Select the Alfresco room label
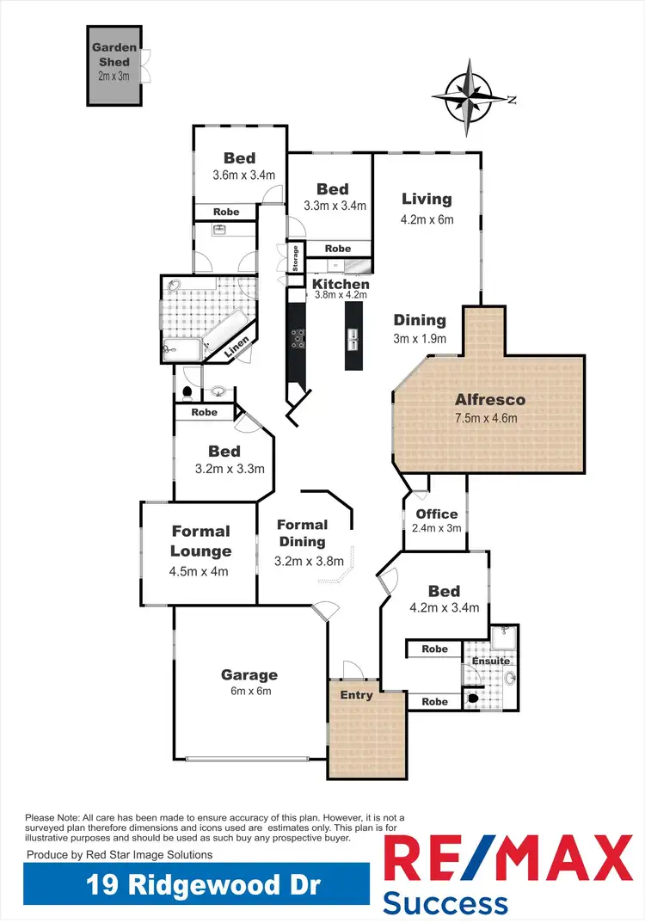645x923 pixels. coord(490,400)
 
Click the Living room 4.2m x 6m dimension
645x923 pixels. coord(427,219)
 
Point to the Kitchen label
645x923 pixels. coord(341,284)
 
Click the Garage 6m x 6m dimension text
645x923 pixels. coord(249,692)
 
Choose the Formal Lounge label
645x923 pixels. coord(200,541)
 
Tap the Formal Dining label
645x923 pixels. coord(302,532)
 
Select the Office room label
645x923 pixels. coord(437,514)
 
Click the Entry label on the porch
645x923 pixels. coord(357,694)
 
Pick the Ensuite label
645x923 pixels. coord(489,661)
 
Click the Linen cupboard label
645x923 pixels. coord(238,346)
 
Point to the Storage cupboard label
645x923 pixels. coord(295,259)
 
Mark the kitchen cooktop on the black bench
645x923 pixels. coord(298,339)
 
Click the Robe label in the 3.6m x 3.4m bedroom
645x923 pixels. coord(226,212)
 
